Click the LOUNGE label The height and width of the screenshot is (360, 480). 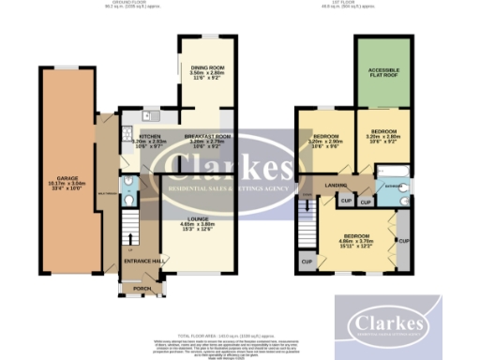[x=198, y=218]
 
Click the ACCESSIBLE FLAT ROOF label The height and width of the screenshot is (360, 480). [x=385, y=71]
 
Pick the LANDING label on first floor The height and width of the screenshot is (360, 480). [x=334, y=185]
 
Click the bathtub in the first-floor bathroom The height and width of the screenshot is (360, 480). [x=391, y=172]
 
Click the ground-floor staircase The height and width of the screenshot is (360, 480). [x=129, y=226]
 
